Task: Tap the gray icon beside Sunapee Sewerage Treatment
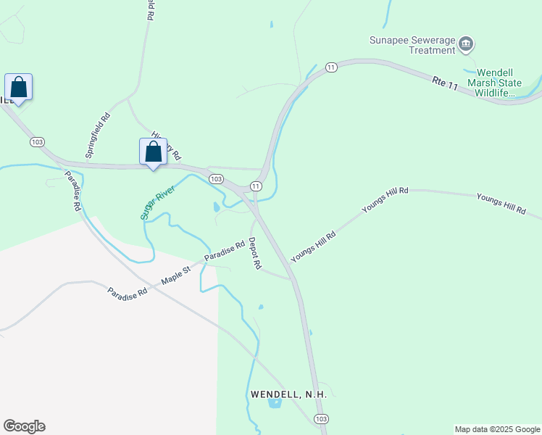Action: click(x=467, y=45)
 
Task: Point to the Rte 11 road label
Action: click(x=445, y=85)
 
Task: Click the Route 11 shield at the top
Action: click(x=331, y=67)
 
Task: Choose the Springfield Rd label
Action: click(x=98, y=136)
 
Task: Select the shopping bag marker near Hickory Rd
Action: click(x=153, y=152)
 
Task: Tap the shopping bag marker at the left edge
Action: click(x=18, y=88)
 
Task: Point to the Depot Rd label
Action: click(x=254, y=254)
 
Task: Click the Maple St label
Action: click(x=176, y=275)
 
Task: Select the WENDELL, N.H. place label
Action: click(x=289, y=394)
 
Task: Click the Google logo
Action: click(x=24, y=426)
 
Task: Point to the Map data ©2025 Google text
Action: click(x=497, y=429)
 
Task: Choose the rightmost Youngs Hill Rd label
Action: click(x=501, y=203)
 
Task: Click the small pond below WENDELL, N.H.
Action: click(x=275, y=402)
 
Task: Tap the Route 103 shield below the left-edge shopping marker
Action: click(x=38, y=142)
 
